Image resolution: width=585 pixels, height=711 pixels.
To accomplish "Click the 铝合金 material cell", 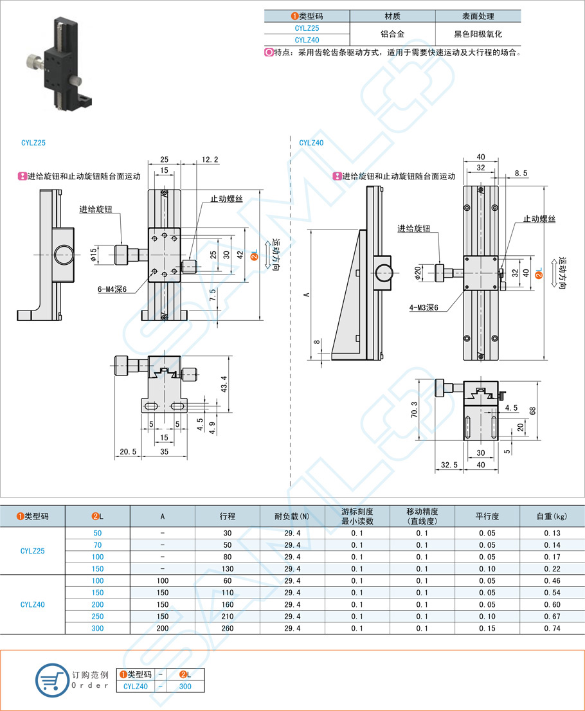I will tap(392, 34).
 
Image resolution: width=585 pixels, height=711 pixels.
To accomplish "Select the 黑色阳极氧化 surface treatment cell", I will tap(478, 34).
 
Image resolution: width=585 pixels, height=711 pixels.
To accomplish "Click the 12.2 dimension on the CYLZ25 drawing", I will tap(210, 159).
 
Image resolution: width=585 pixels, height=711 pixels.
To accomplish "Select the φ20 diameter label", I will tap(418, 273).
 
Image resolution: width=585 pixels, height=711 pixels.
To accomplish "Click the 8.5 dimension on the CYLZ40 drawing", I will tap(521, 173).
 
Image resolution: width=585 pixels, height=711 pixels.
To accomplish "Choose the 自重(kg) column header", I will tap(552, 516).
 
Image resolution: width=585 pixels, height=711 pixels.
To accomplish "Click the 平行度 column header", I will tap(487, 516).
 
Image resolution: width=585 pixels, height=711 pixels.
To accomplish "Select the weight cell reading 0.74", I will tap(552, 628).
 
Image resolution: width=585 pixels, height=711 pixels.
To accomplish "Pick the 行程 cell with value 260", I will tap(227, 628).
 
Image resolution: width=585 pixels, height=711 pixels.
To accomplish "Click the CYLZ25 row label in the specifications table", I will tap(33, 551).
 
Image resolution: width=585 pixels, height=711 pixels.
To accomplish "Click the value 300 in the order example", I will tap(186, 687).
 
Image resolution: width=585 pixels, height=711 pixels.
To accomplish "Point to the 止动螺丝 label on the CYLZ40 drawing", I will tap(539, 219).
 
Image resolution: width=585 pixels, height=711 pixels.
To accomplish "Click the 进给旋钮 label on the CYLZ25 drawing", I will tap(96, 209).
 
